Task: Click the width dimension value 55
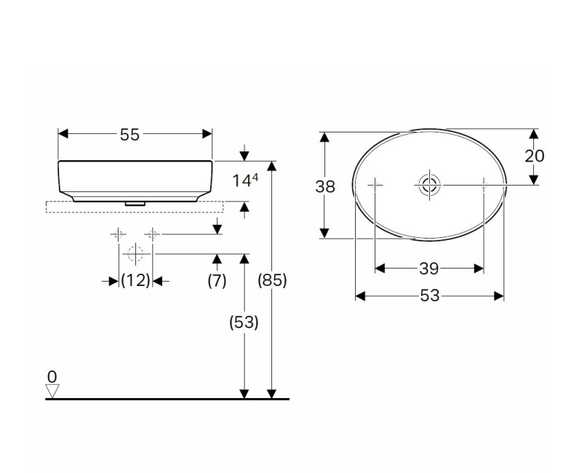click(x=129, y=135)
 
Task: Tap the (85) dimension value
click(x=273, y=281)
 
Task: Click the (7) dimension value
click(x=217, y=281)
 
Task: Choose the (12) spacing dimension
click(x=135, y=281)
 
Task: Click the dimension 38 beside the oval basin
click(x=325, y=186)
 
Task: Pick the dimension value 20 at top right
click(x=534, y=156)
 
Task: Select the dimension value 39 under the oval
click(x=429, y=269)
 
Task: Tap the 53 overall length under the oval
click(x=429, y=295)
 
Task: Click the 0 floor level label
click(x=51, y=376)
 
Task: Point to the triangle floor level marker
click(x=52, y=391)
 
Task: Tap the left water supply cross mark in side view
click(x=118, y=234)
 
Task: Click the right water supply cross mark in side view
click(x=152, y=234)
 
